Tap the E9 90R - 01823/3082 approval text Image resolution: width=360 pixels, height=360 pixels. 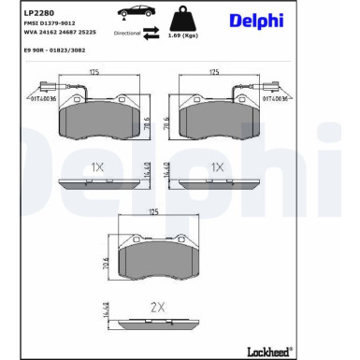point(52,47)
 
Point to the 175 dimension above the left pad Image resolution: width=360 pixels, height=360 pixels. point(94,71)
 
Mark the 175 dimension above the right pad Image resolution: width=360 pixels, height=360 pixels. point(214,71)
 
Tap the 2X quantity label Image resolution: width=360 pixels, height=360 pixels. point(157,307)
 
